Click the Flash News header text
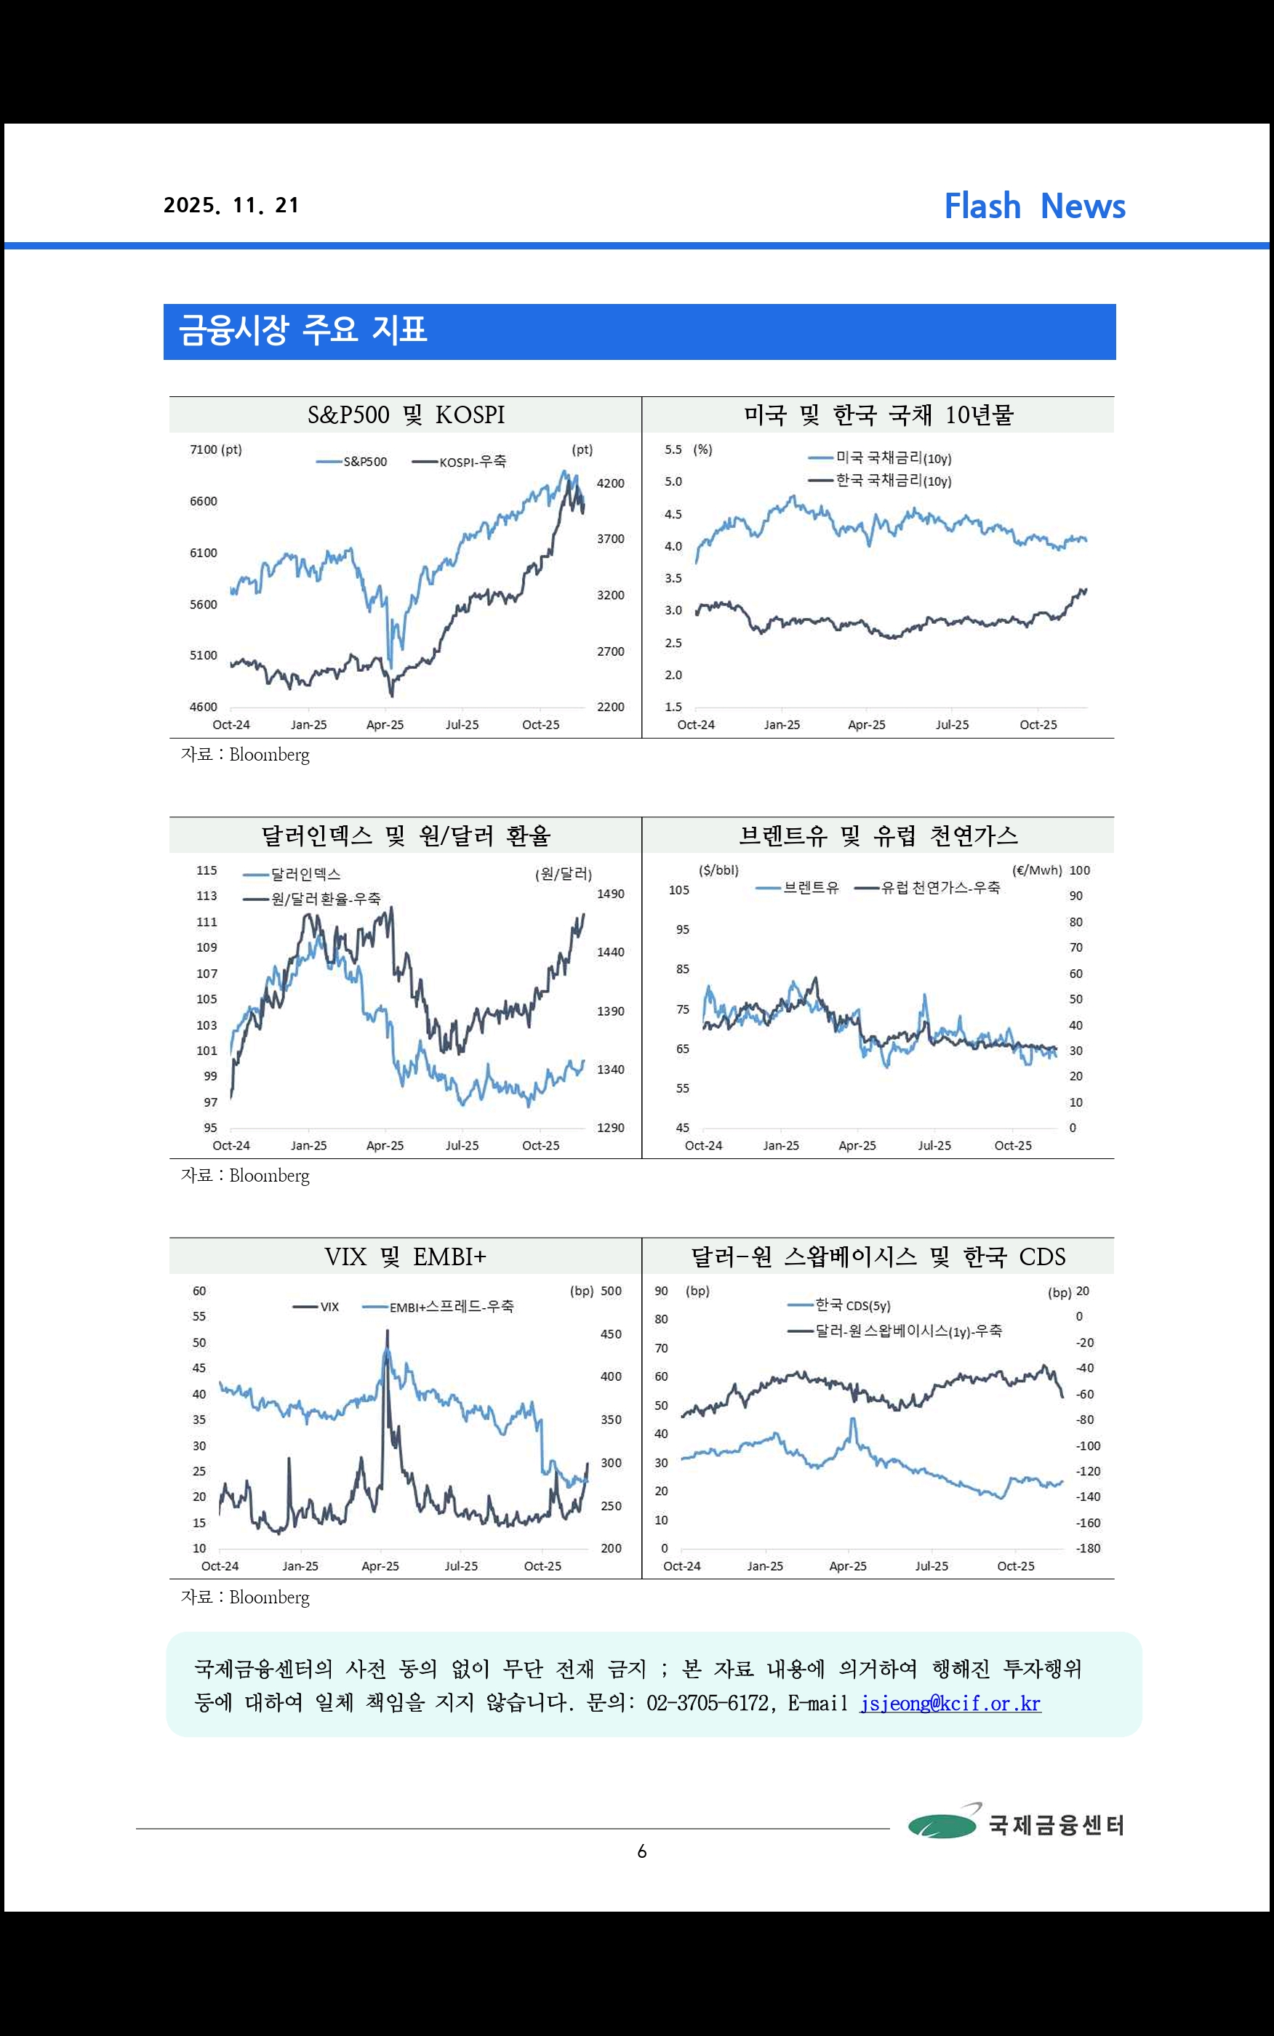pos(1034,207)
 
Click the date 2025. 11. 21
pos(231,206)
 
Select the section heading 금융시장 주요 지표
pos(303,329)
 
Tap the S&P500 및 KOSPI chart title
pos(405,414)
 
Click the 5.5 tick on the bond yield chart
pos(673,450)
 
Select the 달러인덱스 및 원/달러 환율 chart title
pos(405,835)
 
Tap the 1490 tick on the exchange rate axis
pos(610,894)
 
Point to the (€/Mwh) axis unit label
pos(1036,870)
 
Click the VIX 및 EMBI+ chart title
pos(405,1257)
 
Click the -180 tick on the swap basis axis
pos(1088,1548)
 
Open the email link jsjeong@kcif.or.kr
pos(950,1703)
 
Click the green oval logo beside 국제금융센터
pos(942,1824)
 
